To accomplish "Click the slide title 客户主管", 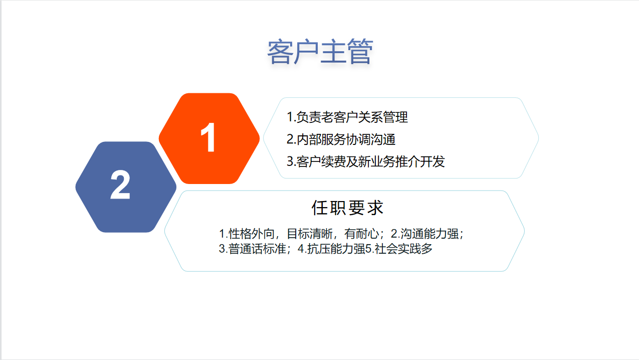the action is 320,52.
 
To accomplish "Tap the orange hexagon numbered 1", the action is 209,138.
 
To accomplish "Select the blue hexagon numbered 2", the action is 126,187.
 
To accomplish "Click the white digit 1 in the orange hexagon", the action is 208,137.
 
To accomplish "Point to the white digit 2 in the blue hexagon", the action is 120,185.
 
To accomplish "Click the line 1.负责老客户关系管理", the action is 347,117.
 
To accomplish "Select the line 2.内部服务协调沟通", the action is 341,139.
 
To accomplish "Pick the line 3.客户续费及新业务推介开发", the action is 366,161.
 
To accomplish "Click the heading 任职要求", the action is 347,208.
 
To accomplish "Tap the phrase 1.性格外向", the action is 247,234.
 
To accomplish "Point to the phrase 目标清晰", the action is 310,234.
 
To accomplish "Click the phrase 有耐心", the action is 361,234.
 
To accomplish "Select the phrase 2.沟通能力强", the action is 424,234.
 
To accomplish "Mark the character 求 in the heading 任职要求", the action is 375,208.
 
